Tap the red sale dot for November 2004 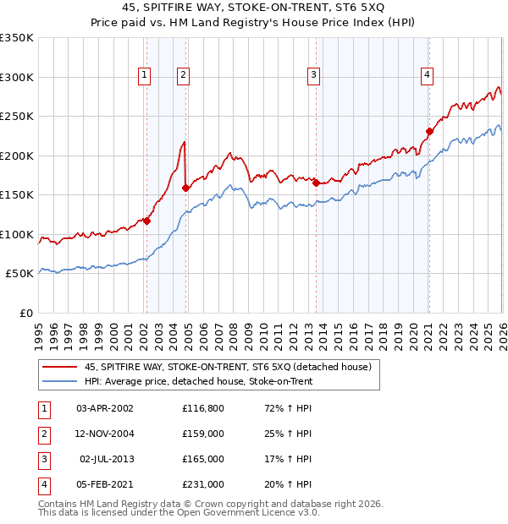[185, 188]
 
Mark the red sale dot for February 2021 [429, 131]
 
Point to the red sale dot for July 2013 [316, 183]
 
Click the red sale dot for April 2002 [146, 221]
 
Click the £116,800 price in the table [202, 407]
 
